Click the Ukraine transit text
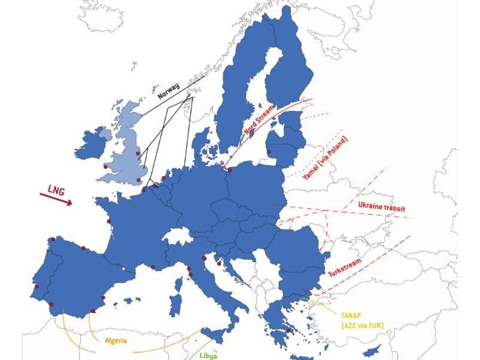[x=382, y=207]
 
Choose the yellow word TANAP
[x=351, y=315]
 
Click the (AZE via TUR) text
[x=362, y=326]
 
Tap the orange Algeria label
[x=116, y=340]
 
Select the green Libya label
[x=208, y=356]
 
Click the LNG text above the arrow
[x=56, y=190]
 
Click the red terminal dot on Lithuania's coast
[x=268, y=152]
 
